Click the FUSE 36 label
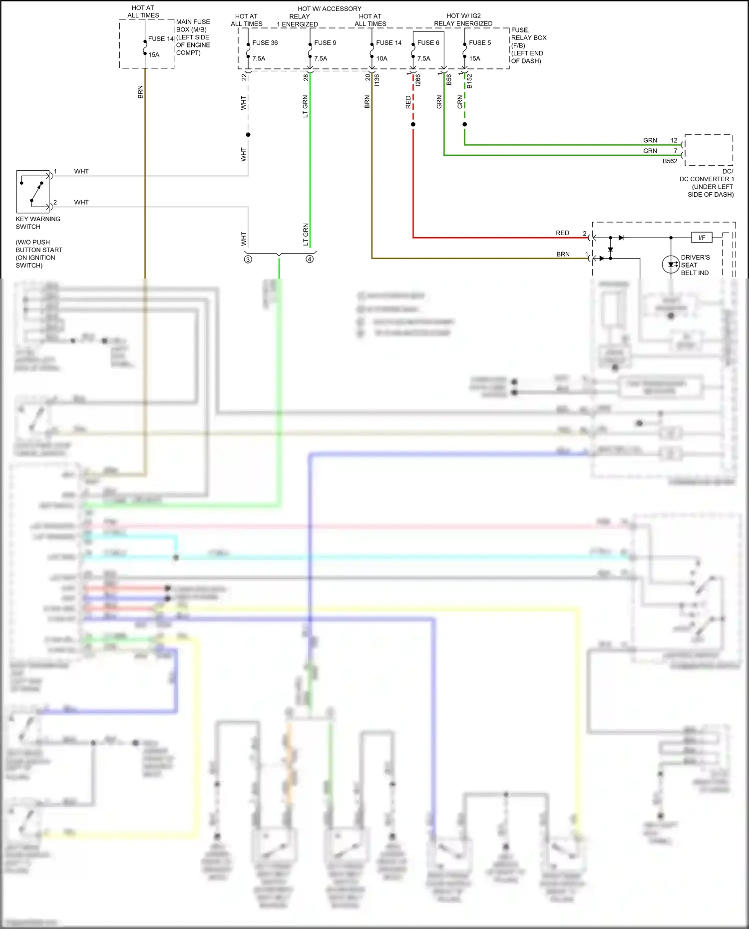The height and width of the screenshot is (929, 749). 265,43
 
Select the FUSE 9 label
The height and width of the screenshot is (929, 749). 325,43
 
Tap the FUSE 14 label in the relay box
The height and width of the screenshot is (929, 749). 388,43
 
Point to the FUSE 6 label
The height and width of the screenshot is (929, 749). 428,43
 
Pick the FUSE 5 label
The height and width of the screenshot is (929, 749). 480,43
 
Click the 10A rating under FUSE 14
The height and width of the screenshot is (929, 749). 381,58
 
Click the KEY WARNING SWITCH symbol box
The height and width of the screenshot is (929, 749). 33,192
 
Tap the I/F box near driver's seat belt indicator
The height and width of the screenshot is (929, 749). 702,238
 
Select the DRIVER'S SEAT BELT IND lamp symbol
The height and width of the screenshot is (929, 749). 671,265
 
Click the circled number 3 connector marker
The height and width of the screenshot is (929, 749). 248,259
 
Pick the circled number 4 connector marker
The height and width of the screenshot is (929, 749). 310,259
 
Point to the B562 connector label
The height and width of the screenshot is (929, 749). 670,161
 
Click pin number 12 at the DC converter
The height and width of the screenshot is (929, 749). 674,140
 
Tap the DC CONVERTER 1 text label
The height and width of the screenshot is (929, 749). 707,179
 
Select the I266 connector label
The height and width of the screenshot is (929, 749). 418,80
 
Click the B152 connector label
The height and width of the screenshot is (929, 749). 469,81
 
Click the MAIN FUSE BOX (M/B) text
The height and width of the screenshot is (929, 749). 193,25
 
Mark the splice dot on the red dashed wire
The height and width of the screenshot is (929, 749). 413,124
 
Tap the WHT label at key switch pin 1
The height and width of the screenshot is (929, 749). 81,171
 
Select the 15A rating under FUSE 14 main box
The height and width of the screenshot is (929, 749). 154,55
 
